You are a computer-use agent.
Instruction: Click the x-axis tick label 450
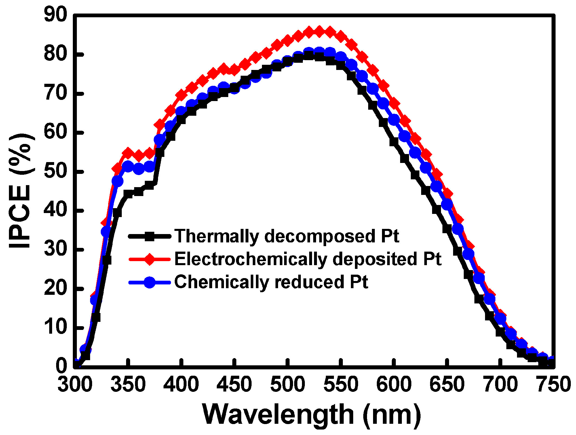click(234, 385)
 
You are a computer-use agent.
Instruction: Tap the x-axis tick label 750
click(553, 385)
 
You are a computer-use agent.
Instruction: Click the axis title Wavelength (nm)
click(312, 415)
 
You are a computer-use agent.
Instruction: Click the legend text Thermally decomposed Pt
click(287, 236)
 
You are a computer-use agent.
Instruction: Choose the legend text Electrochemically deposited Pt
click(308, 259)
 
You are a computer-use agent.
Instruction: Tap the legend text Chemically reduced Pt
click(271, 282)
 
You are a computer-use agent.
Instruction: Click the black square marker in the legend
click(150, 237)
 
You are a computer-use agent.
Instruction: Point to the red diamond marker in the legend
click(150, 259)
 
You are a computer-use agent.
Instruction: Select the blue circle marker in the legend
click(150, 282)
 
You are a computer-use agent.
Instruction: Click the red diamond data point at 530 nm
click(319, 31)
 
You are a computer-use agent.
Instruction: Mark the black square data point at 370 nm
click(149, 185)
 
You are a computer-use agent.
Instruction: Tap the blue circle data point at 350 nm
click(128, 166)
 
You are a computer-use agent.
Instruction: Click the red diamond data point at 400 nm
click(181, 95)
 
